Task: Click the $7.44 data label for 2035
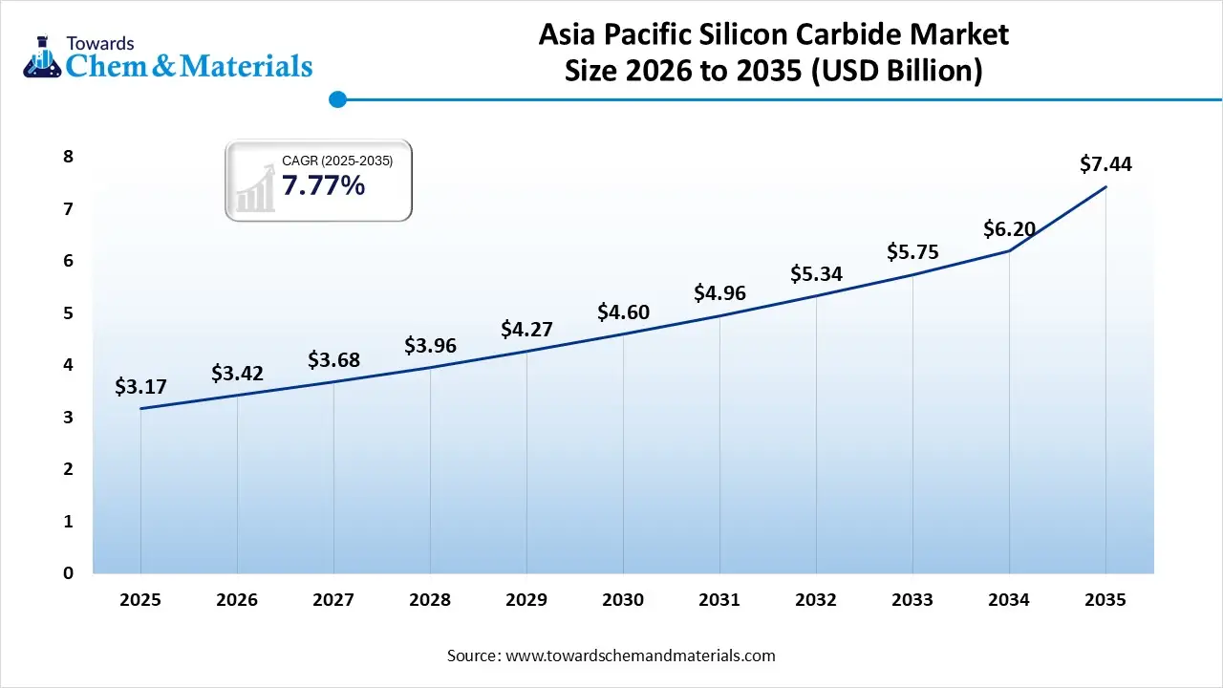tap(1105, 164)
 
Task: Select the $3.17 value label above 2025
tap(140, 387)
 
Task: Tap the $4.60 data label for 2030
tap(623, 312)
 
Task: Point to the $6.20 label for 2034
tap(1009, 229)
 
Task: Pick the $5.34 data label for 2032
tap(816, 273)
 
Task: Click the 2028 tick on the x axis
tap(430, 600)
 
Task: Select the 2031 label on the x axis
tap(719, 600)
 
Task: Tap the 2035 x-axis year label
tap(1105, 600)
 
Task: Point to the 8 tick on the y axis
tap(68, 157)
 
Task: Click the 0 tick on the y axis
tap(68, 573)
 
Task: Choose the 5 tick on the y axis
tap(68, 313)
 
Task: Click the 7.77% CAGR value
tap(323, 185)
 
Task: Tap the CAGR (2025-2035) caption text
tap(337, 161)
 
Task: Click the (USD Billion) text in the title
tap(896, 71)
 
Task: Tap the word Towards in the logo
tap(100, 42)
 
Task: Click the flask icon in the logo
tap(41, 55)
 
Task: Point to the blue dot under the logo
tap(336, 99)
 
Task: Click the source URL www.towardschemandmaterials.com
tap(640, 656)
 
